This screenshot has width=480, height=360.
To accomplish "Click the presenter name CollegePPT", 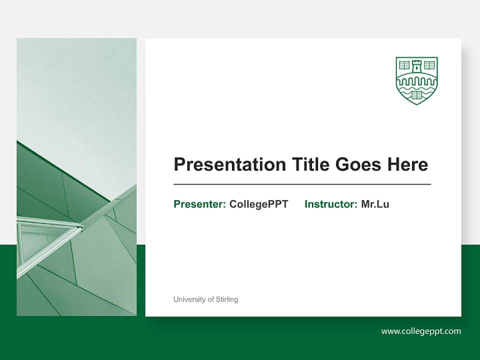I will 258,204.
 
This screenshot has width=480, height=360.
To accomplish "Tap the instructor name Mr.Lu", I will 375,204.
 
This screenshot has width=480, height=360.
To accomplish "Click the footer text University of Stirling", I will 205,299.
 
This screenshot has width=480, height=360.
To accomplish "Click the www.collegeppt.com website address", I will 421,331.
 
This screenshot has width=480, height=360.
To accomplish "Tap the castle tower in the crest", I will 417,65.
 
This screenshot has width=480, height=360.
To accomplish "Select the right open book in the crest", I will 430,65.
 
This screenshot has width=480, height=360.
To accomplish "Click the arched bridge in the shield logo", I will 417,79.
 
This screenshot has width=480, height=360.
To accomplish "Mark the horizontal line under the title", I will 302,184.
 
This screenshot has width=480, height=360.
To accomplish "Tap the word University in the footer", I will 188,299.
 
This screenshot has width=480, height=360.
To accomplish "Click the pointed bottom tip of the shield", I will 417,103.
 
